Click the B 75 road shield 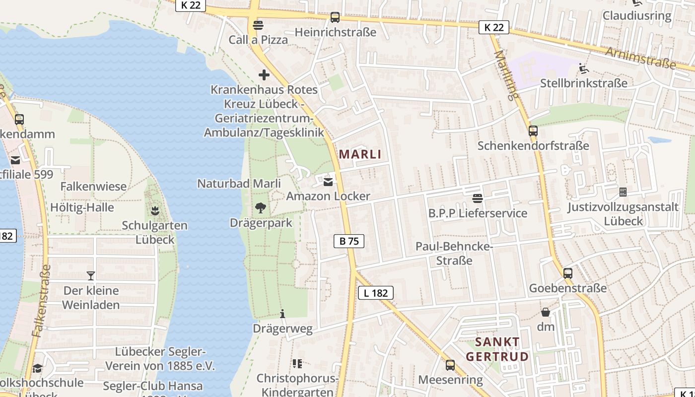[x=348, y=241]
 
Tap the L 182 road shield [x=376, y=293]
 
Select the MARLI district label [x=360, y=154]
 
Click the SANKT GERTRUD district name [x=497, y=349]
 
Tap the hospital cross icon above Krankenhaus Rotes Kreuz [x=264, y=75]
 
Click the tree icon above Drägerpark [x=260, y=208]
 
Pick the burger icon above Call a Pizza [x=258, y=25]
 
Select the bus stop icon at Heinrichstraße [x=335, y=17]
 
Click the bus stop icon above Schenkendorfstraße [x=533, y=131]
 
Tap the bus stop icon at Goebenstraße [x=568, y=273]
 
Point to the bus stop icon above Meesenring [x=450, y=365]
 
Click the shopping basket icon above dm [x=545, y=312]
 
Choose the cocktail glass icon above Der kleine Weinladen [x=91, y=276]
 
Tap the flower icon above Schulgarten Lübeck [x=155, y=210]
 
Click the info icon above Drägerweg [x=282, y=314]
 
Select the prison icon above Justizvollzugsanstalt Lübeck [x=623, y=192]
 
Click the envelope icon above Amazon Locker [x=328, y=181]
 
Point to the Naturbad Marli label [x=239, y=184]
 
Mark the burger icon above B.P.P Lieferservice [x=478, y=198]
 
